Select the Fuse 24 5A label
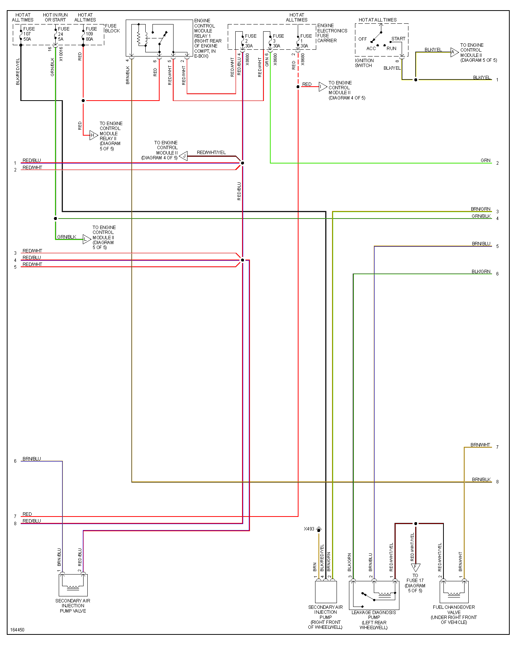coord(63,34)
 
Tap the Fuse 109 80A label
coord(91,34)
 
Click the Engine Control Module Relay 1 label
coord(208,38)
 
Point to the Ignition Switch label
coord(364,63)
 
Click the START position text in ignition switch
coord(398,39)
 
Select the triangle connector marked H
coord(93,135)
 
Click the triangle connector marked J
coord(184,156)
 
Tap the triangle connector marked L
coord(87,239)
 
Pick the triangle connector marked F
coord(415,567)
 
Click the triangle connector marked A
coord(454,52)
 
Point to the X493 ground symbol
coord(319,529)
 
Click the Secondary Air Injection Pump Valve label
coord(73,606)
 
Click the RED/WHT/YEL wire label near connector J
coord(211,153)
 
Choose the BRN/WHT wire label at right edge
coord(480,445)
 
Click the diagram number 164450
coord(17,630)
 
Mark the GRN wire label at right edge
coord(485,160)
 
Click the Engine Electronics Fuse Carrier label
coord(332,33)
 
